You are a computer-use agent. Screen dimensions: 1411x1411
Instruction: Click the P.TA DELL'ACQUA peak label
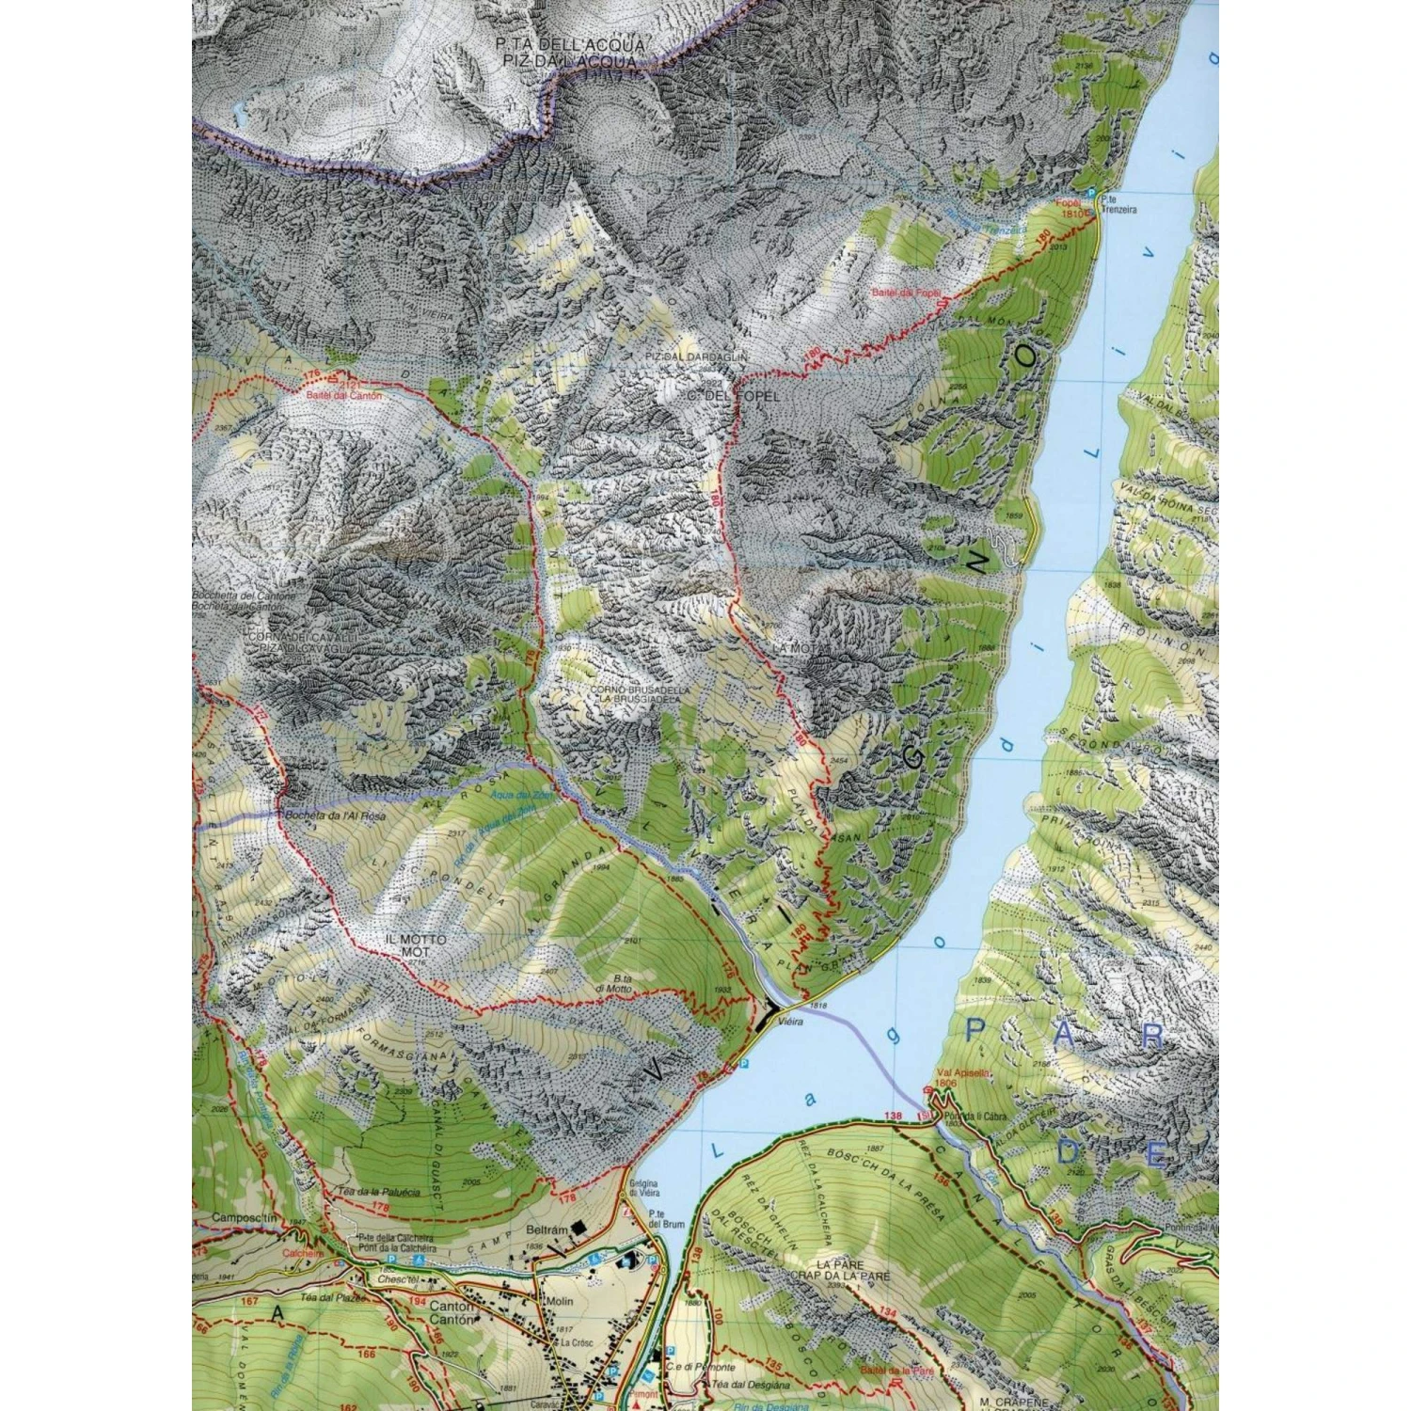point(571,45)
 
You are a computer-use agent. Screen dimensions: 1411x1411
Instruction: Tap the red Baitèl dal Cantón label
point(344,396)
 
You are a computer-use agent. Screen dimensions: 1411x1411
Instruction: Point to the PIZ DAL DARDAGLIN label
point(696,358)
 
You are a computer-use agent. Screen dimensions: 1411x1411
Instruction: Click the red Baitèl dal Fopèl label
point(906,293)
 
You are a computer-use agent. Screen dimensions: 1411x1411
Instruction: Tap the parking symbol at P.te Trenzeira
point(1091,194)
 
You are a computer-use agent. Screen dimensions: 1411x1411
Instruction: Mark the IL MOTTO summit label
point(415,939)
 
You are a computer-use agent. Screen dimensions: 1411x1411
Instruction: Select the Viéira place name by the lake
point(791,1022)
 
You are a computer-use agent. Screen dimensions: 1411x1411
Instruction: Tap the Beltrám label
point(547,1230)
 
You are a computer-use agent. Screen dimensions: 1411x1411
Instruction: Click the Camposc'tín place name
point(245,1218)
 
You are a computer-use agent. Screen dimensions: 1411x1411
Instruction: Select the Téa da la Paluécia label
point(378,1191)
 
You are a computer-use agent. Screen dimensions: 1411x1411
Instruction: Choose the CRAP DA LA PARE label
point(839,1276)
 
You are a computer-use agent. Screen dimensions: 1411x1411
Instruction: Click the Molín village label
point(559,1301)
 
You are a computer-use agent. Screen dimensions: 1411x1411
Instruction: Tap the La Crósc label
point(577,1342)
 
